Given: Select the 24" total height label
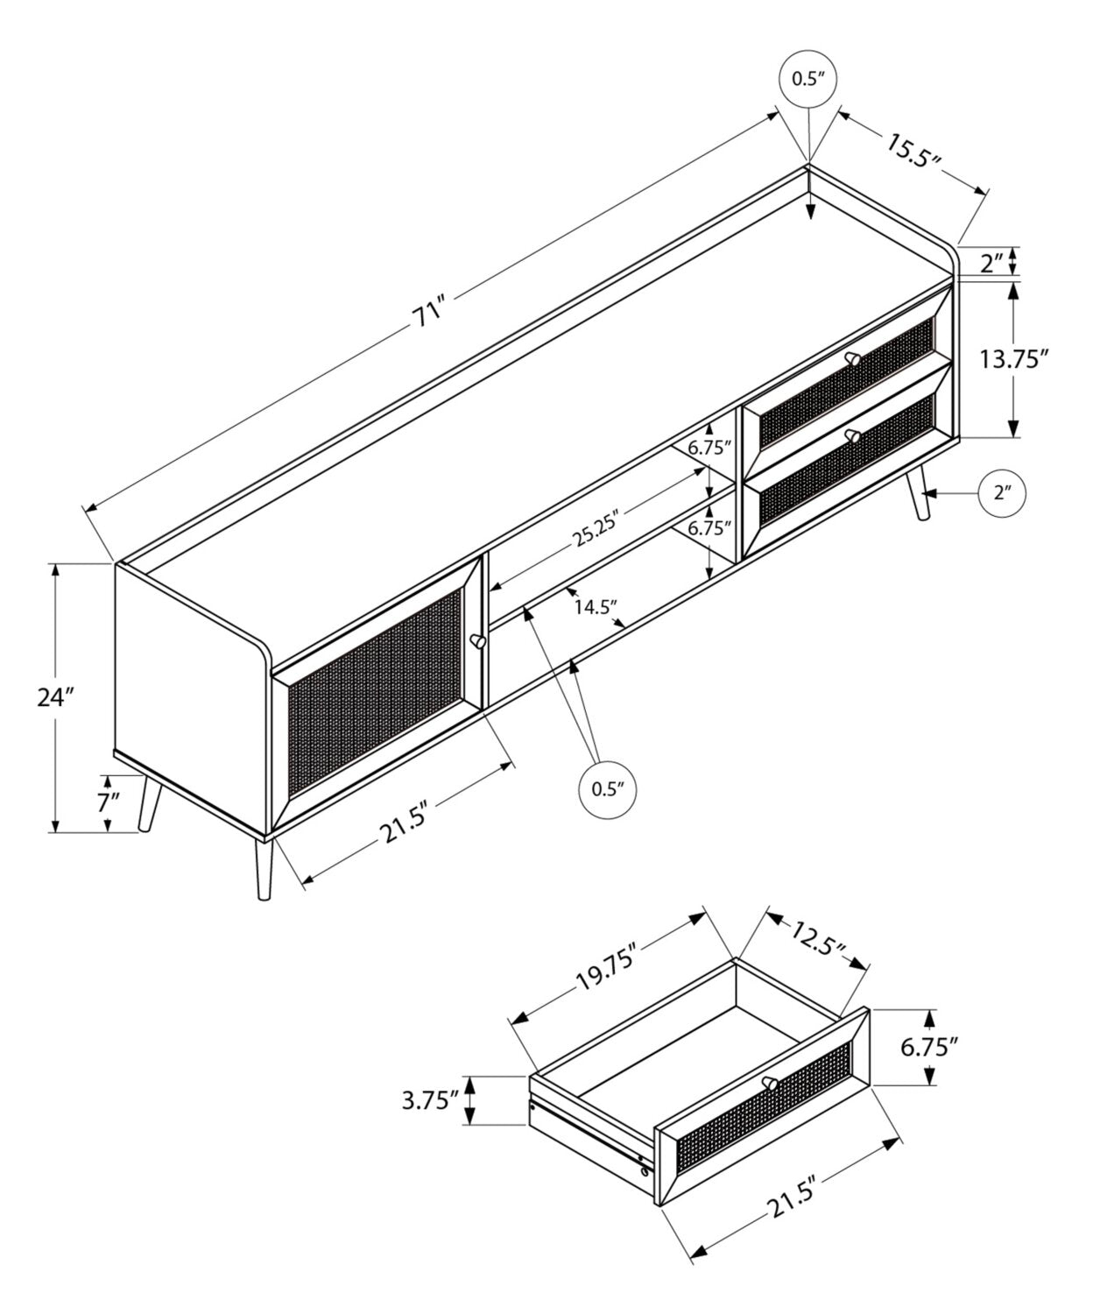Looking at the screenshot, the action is [56, 697].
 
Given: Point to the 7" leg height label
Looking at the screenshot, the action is [108, 802].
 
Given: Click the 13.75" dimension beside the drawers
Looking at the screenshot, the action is [1014, 359].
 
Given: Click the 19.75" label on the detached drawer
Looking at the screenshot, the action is [607, 970].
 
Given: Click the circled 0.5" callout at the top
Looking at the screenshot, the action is [808, 80].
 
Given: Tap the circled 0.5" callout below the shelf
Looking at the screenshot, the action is [607, 789].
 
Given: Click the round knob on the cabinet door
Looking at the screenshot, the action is [478, 640].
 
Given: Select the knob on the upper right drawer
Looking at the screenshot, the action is [853, 358].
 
